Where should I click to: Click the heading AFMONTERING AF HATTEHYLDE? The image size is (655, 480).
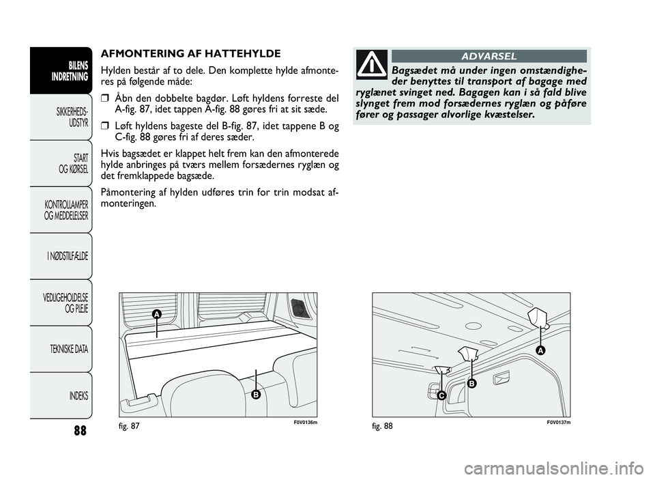(x=190, y=53)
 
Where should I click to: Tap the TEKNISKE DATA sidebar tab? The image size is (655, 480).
(x=68, y=350)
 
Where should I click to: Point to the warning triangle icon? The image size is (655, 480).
(x=372, y=65)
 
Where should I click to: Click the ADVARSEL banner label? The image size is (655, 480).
(x=489, y=56)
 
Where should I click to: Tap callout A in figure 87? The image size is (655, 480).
(x=156, y=313)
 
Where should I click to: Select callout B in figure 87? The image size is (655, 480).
(x=256, y=395)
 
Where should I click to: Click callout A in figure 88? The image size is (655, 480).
(x=540, y=350)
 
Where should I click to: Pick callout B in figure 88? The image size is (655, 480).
(x=471, y=384)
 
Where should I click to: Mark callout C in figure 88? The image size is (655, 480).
(x=441, y=396)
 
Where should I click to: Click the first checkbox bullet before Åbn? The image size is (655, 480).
(x=104, y=97)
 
